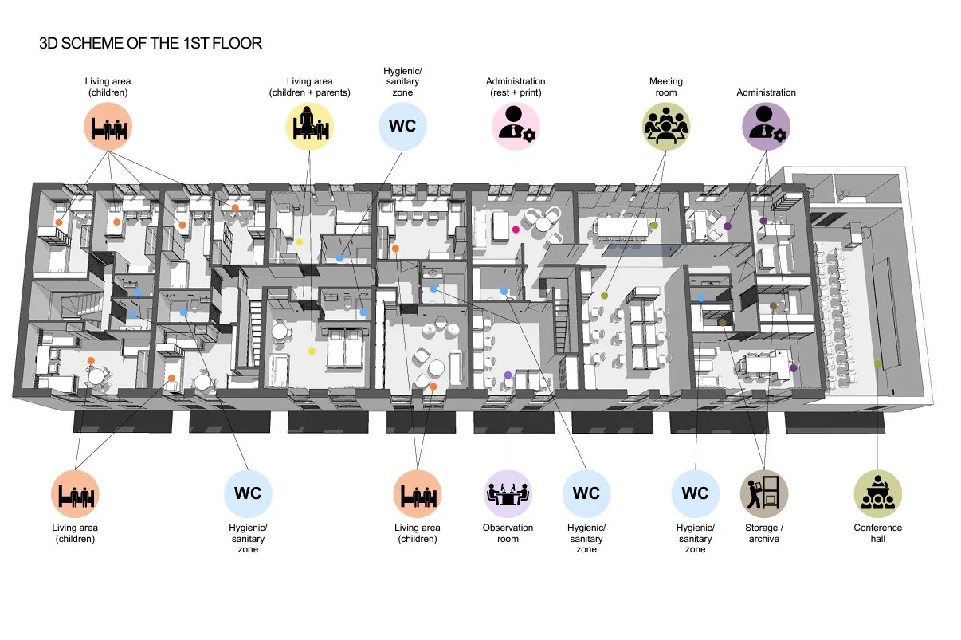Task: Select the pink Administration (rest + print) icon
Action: [516, 127]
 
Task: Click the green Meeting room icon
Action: [665, 127]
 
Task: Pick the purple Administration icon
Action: [766, 127]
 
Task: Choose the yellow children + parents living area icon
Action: [309, 127]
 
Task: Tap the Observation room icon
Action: [508, 493]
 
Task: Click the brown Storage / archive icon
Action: [764, 493]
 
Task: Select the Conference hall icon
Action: [877, 493]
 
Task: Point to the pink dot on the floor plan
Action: [516, 230]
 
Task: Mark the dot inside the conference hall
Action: [877, 364]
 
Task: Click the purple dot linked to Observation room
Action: [508, 375]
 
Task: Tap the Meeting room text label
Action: [665, 87]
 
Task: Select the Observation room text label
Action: [508, 533]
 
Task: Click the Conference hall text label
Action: [877, 533]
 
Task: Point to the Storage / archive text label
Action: [764, 533]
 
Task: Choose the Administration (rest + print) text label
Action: [516, 87]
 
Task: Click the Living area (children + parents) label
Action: [309, 87]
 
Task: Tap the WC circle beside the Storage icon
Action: [695, 493]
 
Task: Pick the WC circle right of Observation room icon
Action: [586, 493]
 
